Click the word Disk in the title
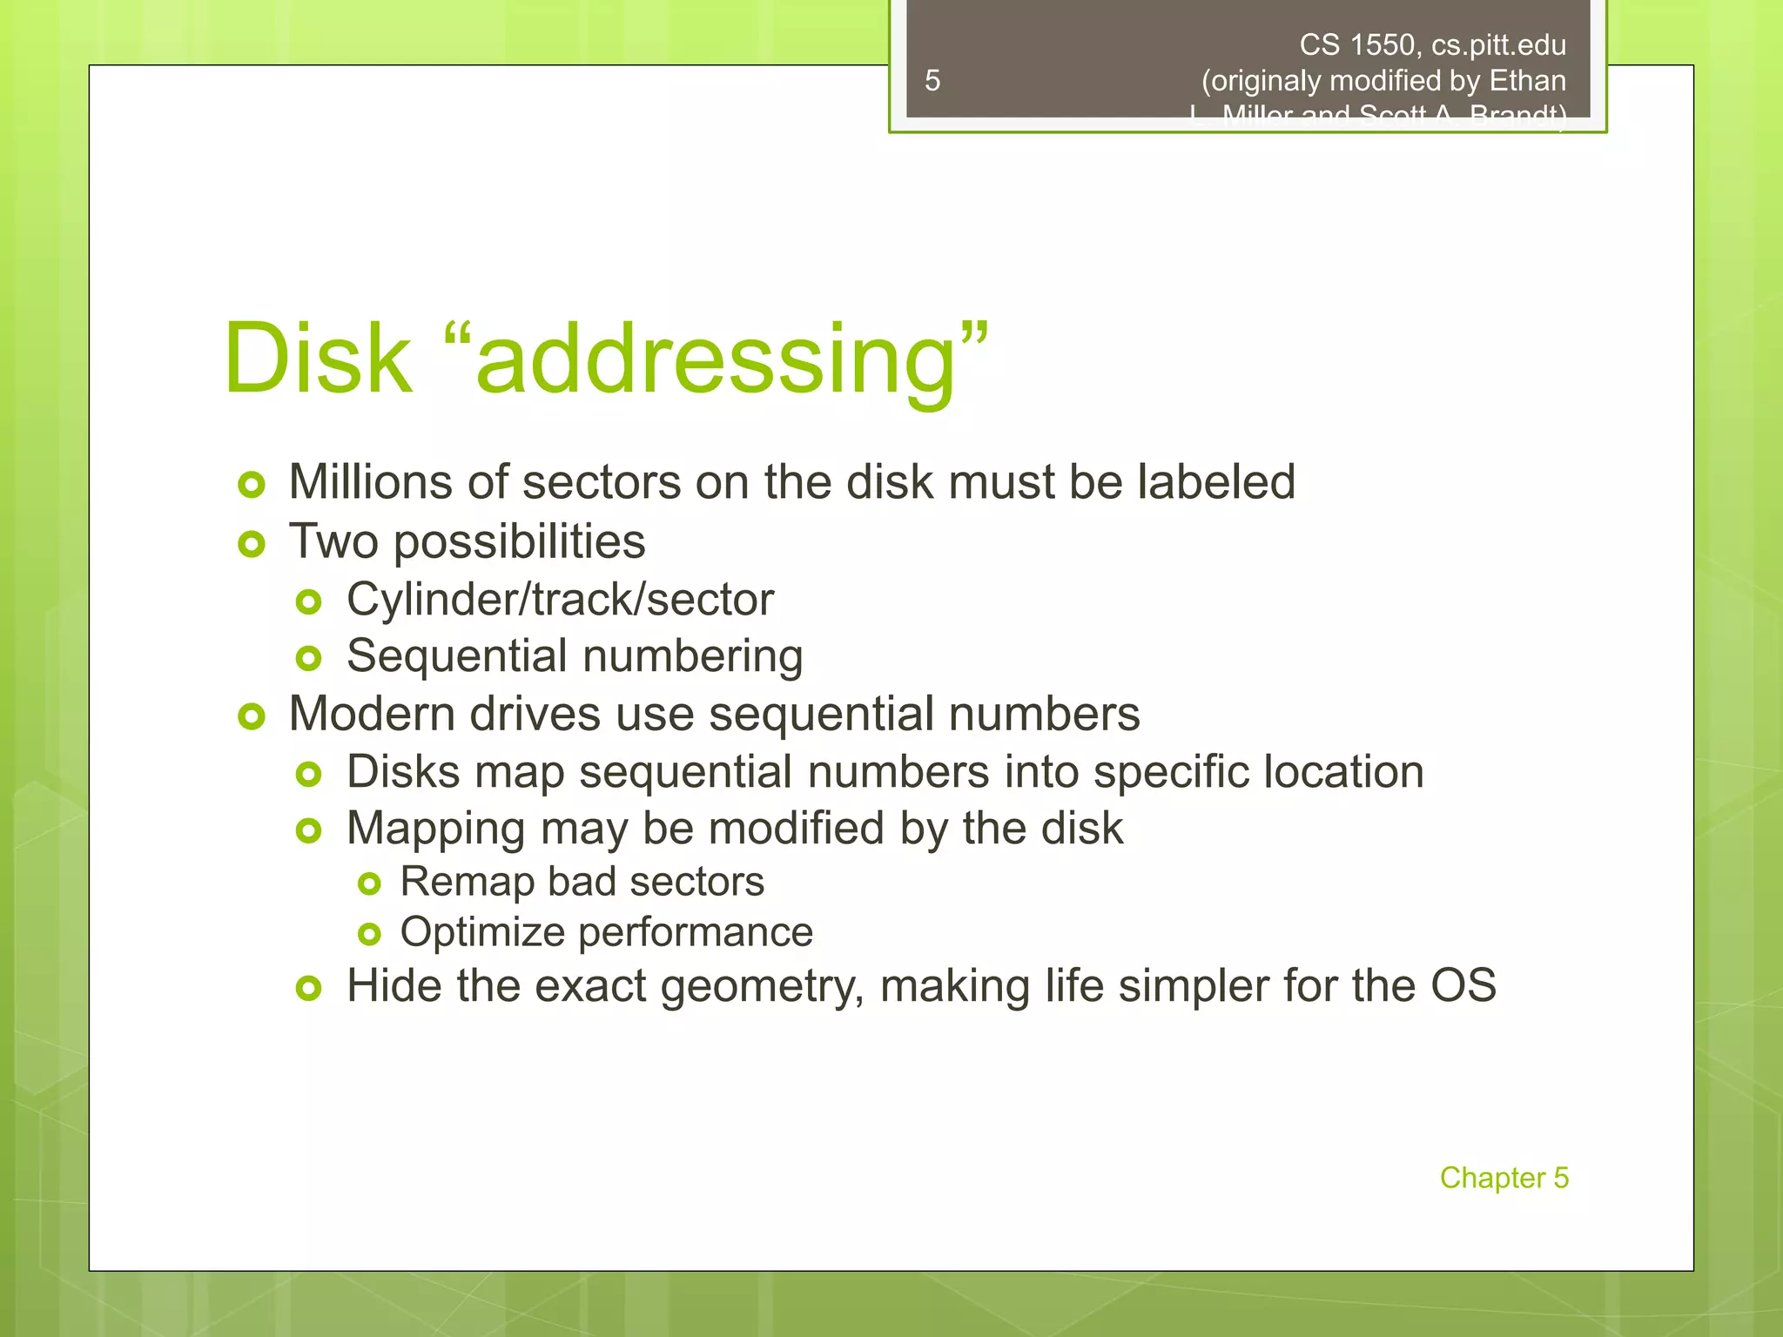tap(318, 359)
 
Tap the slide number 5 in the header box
tap(932, 81)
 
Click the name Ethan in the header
tap(1527, 81)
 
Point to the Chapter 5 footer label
tap(1504, 1178)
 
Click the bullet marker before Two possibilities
tap(252, 545)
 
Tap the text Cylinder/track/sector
tap(560, 600)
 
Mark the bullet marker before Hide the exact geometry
tap(309, 988)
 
